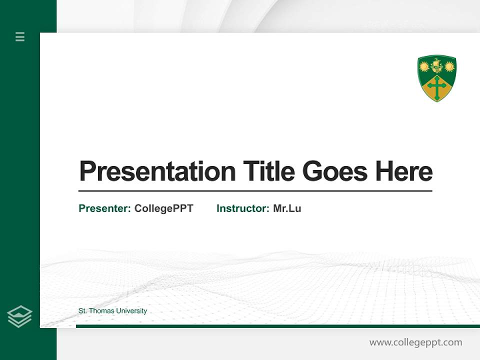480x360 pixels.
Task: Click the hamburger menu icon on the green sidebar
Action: (x=20, y=36)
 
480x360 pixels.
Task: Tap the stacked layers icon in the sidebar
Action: (x=19, y=316)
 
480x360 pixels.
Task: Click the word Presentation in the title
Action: (x=157, y=171)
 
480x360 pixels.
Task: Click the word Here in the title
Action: (x=404, y=171)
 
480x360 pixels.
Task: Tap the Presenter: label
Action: (x=104, y=208)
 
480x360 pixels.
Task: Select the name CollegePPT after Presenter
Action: (x=163, y=208)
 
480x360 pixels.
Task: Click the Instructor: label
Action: (x=242, y=208)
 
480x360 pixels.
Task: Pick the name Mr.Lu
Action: (x=287, y=208)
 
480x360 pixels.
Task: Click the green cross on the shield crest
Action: (x=437, y=88)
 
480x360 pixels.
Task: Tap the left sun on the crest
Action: (x=424, y=66)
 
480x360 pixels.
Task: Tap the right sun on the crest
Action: (x=449, y=66)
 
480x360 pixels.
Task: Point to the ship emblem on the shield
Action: (x=437, y=65)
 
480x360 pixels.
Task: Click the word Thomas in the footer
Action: (x=102, y=311)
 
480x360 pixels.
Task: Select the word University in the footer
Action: (x=131, y=311)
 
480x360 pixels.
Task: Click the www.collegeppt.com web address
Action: (x=415, y=342)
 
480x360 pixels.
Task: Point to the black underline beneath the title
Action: (x=255, y=191)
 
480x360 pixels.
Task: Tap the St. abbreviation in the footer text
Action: (x=82, y=311)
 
